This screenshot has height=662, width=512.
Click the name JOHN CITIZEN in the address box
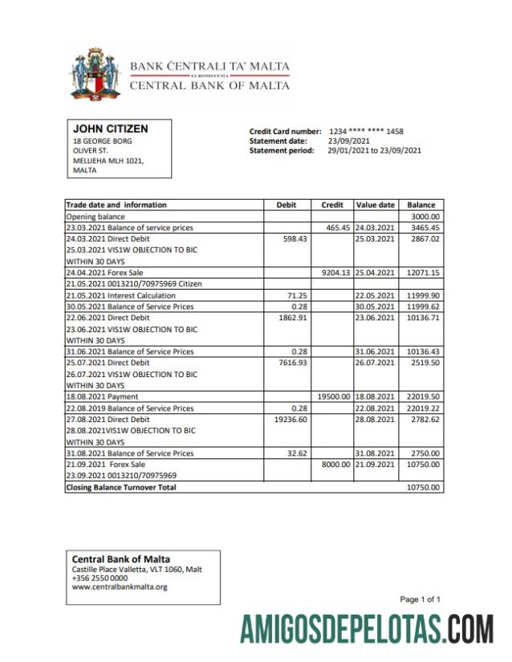(x=110, y=128)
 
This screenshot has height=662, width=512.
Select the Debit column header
(x=286, y=205)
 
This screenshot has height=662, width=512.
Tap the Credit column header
(x=332, y=205)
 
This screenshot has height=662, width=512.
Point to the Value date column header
(x=376, y=205)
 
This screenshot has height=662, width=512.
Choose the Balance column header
(x=421, y=205)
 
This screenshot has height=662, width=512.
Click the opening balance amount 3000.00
(x=425, y=217)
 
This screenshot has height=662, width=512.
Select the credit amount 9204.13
(x=335, y=272)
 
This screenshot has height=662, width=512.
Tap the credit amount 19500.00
(x=334, y=396)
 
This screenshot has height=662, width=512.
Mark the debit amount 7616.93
(x=290, y=363)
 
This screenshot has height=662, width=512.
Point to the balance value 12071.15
(x=422, y=272)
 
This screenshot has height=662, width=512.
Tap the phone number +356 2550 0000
(x=100, y=578)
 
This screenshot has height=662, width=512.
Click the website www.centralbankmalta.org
(x=120, y=587)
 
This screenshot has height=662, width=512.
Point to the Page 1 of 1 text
(x=420, y=599)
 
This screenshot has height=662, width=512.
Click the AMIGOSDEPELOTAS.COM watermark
(x=367, y=629)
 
